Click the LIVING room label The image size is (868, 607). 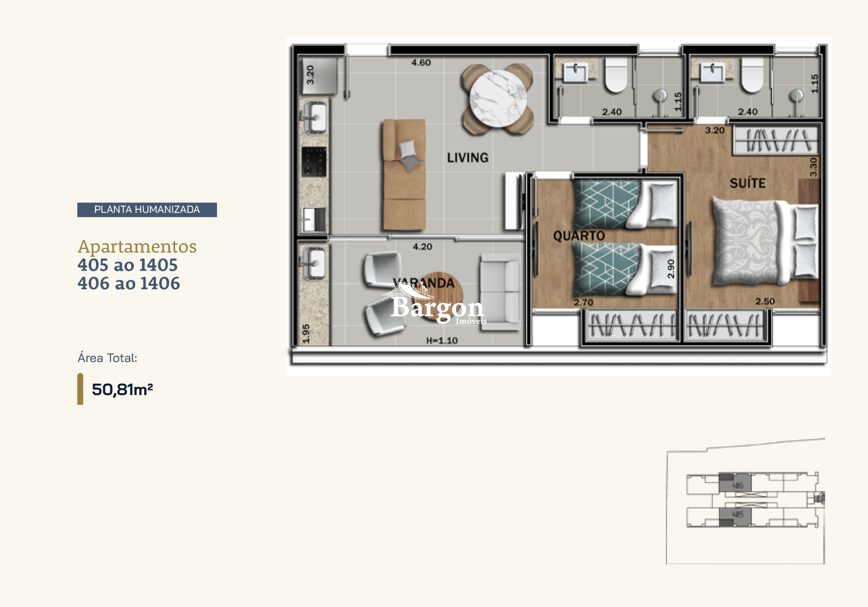coord(467,157)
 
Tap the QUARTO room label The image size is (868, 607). coord(579,235)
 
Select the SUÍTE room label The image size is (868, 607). coord(747,183)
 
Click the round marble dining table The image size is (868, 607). coord(497,99)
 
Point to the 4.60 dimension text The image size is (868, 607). coord(421,63)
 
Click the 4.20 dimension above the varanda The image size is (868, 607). coord(422,247)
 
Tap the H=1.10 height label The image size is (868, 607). coord(442,341)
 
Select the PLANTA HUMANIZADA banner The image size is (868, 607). coord(147,210)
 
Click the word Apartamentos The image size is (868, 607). coord(137,247)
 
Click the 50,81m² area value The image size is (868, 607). coord(122,390)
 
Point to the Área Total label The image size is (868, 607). coord(107,358)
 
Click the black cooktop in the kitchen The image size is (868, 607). coord(314,161)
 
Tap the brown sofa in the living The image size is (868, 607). coord(404,175)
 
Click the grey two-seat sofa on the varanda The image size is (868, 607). coord(500,292)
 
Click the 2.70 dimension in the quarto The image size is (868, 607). coord(583,302)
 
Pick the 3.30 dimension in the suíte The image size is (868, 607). coord(813,167)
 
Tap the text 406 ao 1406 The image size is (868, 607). coord(129,283)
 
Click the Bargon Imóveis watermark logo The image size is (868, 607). coord(437,309)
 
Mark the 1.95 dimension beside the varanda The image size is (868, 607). coord(306,333)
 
